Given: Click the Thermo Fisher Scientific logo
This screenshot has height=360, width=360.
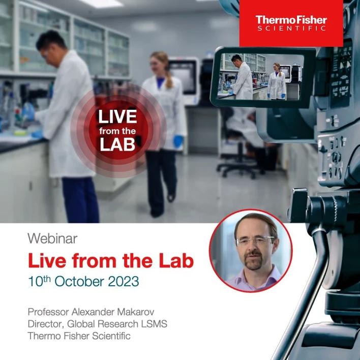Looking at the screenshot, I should click(291, 23).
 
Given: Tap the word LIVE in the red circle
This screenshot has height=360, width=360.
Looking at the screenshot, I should click(117, 116).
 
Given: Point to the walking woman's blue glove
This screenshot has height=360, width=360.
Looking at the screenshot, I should click(178, 140).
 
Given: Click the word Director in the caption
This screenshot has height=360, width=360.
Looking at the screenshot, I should click(45, 323).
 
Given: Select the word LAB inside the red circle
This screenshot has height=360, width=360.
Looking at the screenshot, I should click(117, 144).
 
